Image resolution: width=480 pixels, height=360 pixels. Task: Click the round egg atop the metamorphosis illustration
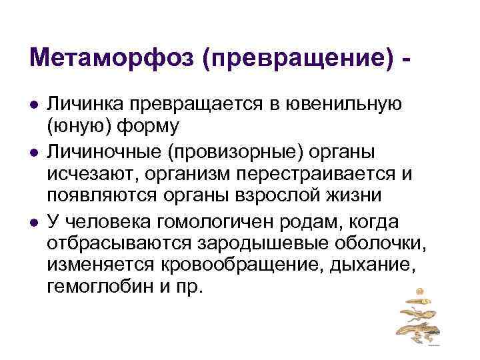pyautogui.click(x=419, y=291)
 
